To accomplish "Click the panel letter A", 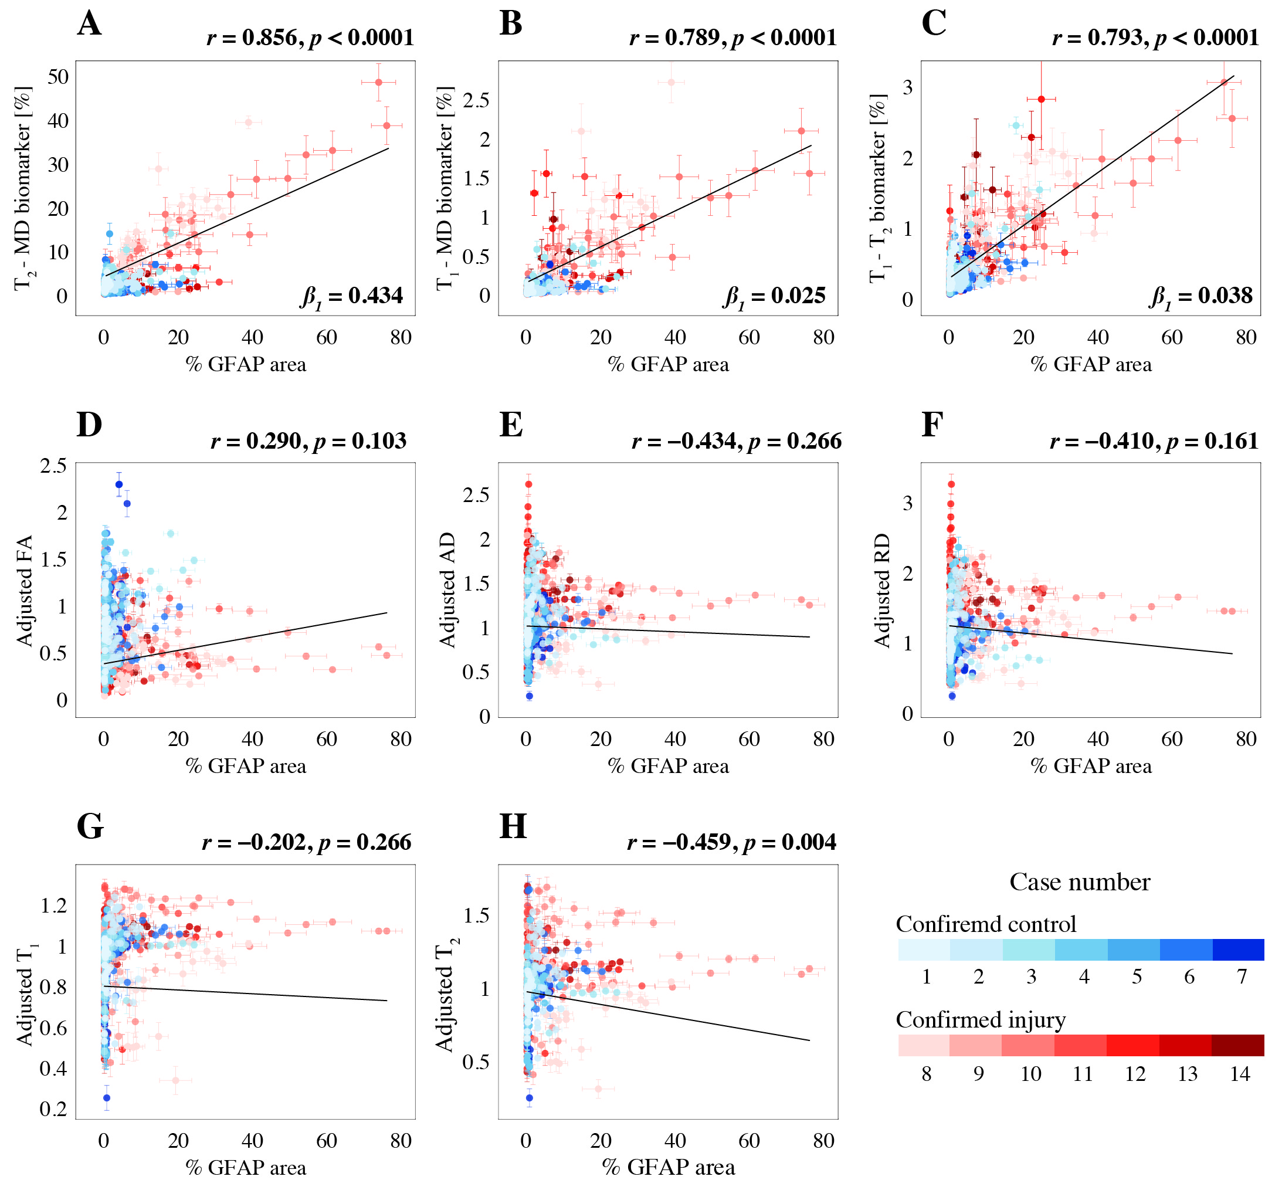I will coord(89,25).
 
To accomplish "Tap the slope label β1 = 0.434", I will coord(351,297).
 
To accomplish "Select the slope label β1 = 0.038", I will coord(1201,297).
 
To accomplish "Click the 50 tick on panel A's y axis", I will coord(58,77).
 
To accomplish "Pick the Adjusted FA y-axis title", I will coord(25,590).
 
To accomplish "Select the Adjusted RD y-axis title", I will coord(882,590).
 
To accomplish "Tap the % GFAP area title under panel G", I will coord(245,1168).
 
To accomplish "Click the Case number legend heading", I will coord(1079,882).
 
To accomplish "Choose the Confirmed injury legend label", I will coord(980,1019).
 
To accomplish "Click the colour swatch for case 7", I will coord(1237,950).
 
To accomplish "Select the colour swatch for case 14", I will coord(1237,1045).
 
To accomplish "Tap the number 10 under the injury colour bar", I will coord(1030,1073).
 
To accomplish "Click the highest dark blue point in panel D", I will coord(119,484).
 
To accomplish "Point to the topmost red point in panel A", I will coord(379,82).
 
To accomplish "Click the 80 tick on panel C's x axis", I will coord(1246,337).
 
